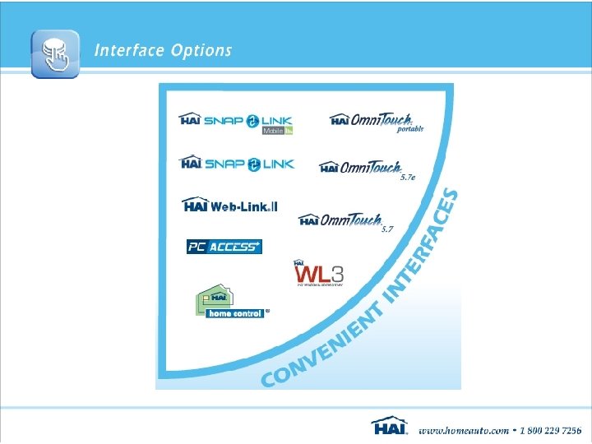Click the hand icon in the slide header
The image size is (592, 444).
pos(55,53)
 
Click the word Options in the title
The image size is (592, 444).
pos(201,51)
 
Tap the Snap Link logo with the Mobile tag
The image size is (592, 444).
pos(235,121)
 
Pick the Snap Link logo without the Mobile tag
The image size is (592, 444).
pos(235,163)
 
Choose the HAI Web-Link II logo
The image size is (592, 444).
pos(230,205)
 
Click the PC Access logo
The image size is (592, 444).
pos(224,246)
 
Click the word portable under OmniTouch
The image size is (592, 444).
pos(410,130)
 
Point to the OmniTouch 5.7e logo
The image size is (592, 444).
pos(362,167)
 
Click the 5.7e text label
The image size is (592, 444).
pos(408,177)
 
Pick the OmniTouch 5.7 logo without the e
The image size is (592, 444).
pos(340,220)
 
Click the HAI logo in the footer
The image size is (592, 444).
pos(390,427)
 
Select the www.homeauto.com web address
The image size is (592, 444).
pos(461,430)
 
